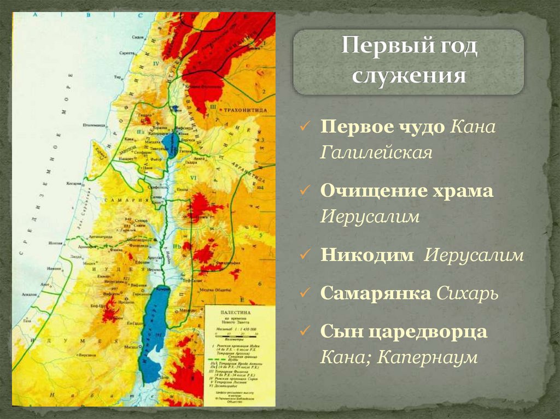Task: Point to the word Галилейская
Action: point(376,152)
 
